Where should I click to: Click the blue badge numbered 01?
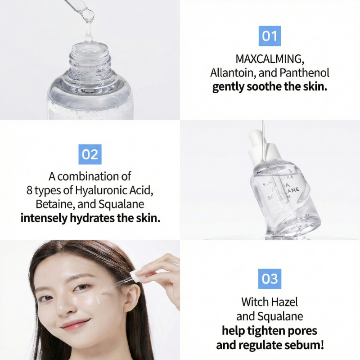point(270,36)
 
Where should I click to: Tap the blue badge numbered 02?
point(90,154)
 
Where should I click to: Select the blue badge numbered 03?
point(270,279)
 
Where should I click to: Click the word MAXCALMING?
point(270,59)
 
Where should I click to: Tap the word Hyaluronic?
point(101,190)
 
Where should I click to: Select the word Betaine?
point(53,204)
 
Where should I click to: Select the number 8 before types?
point(30,190)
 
